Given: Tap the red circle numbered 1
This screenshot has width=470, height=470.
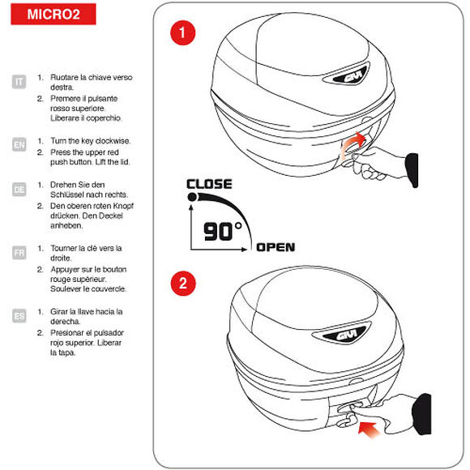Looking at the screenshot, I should pyautogui.click(x=184, y=33).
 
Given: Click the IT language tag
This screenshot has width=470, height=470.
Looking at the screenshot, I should pyautogui.click(x=19, y=82).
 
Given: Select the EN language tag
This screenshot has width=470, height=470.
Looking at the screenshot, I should pyautogui.click(x=19, y=145).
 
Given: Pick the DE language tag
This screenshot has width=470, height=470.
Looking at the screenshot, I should pyautogui.click(x=19, y=189).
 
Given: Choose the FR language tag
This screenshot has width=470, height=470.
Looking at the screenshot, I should pyautogui.click(x=19, y=252).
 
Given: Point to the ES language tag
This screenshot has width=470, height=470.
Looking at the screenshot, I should pyautogui.click(x=19, y=315).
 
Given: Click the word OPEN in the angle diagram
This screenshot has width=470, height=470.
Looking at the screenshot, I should pyautogui.click(x=276, y=247).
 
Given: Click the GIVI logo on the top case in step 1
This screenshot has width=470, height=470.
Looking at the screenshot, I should pyautogui.click(x=344, y=79).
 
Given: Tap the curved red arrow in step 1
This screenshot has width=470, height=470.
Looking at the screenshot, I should pyautogui.click(x=352, y=143).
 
